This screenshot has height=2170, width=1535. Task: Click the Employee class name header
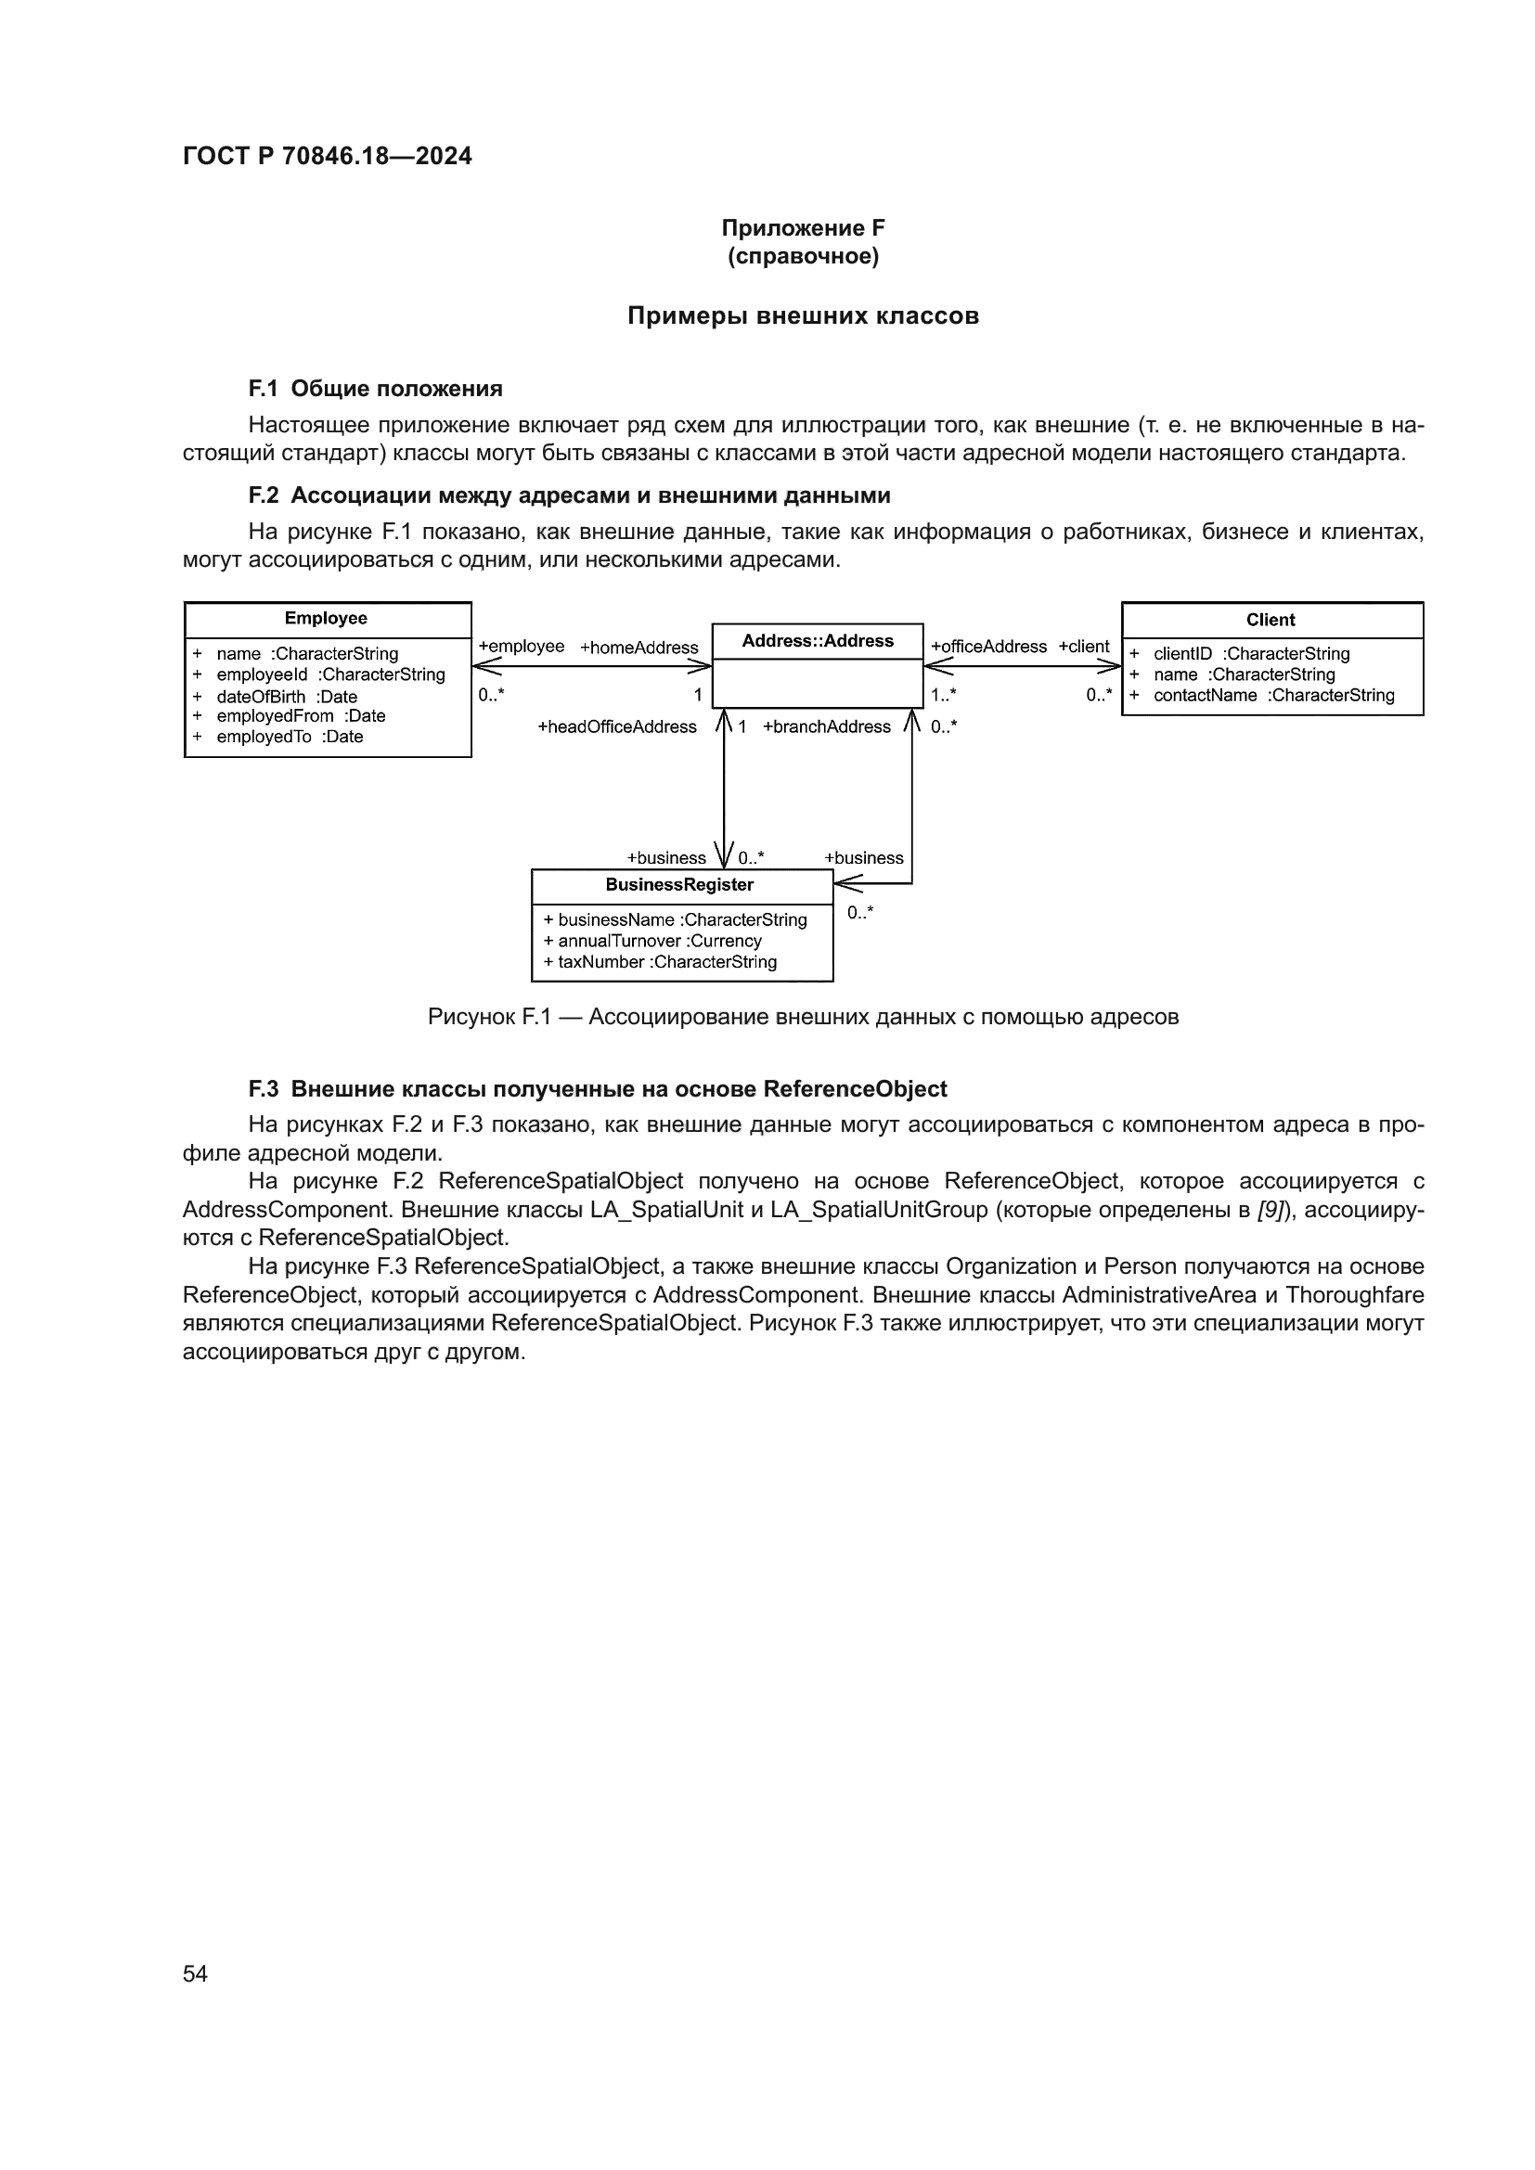(x=326, y=618)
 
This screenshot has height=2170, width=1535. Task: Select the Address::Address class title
(x=817, y=641)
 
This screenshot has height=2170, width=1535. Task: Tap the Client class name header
(x=1271, y=620)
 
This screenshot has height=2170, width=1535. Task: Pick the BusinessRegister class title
(x=679, y=885)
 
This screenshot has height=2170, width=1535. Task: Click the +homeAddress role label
(x=639, y=648)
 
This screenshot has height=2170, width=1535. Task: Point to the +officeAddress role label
(x=988, y=647)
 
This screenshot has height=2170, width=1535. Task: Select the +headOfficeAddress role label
(x=616, y=726)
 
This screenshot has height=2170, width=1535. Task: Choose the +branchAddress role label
(x=826, y=726)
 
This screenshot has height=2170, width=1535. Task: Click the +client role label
(x=1083, y=647)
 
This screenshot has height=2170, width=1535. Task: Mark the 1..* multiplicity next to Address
(x=943, y=695)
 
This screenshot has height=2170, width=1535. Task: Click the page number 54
(x=195, y=1973)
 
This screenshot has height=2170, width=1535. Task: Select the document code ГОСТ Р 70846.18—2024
(x=327, y=156)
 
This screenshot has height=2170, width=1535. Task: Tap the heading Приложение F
(x=803, y=228)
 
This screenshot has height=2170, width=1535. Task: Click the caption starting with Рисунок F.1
(x=803, y=1017)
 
